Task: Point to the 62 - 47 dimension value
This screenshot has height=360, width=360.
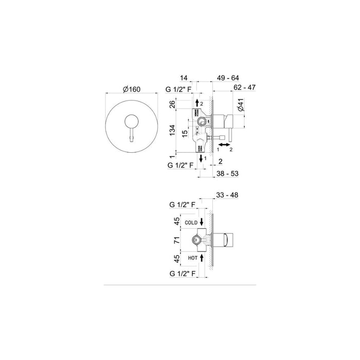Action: click(244, 88)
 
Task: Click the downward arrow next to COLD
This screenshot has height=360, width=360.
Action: click(202, 222)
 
